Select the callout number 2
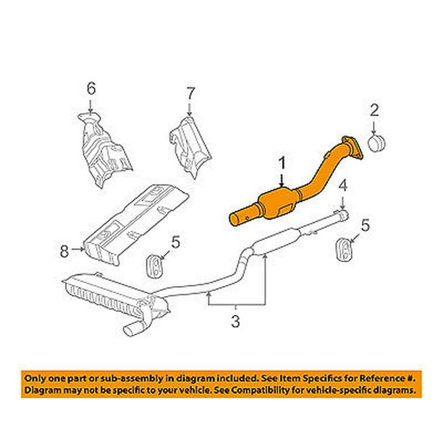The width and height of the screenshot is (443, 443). (374, 110)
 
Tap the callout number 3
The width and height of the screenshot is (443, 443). (235, 321)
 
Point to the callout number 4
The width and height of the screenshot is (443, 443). (342, 187)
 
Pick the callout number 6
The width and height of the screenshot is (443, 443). (91, 88)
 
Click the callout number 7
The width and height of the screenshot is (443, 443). (190, 93)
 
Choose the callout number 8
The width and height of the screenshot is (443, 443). (64, 250)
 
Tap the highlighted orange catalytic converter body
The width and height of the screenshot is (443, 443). (277, 203)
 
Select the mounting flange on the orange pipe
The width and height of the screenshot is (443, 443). (353, 148)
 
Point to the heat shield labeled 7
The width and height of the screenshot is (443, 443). (190, 146)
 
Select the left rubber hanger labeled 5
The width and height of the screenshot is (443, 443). (154, 266)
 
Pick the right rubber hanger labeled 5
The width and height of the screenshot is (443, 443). (343, 250)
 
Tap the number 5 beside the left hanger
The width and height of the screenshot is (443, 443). (175, 242)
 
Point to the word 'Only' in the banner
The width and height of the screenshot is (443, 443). (33, 378)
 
